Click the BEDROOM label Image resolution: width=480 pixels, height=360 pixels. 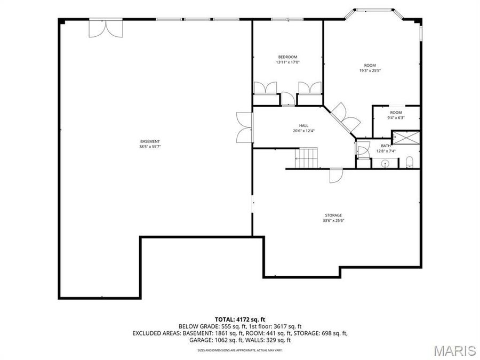pyautogui.click(x=287, y=57)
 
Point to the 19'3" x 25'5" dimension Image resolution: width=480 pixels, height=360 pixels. pyautogui.click(x=369, y=70)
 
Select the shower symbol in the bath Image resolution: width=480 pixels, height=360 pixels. pyautogui.click(x=409, y=138)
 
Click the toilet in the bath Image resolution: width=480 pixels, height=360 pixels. pyautogui.click(x=409, y=162)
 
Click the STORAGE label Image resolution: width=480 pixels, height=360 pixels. pyautogui.click(x=332, y=215)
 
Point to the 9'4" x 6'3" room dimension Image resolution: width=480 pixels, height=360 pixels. pyautogui.click(x=395, y=117)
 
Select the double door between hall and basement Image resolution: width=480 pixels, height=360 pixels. pyautogui.click(x=244, y=127)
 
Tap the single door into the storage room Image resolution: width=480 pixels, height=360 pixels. pyautogui.click(x=335, y=175)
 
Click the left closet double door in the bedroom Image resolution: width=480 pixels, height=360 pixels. pyautogui.click(x=265, y=88)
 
